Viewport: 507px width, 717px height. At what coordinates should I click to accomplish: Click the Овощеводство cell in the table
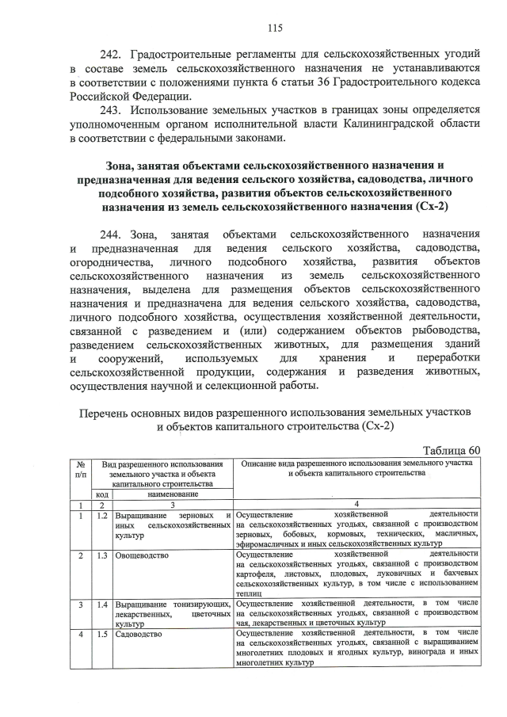point(142,555)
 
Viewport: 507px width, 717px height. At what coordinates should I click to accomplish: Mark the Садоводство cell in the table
point(139,635)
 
